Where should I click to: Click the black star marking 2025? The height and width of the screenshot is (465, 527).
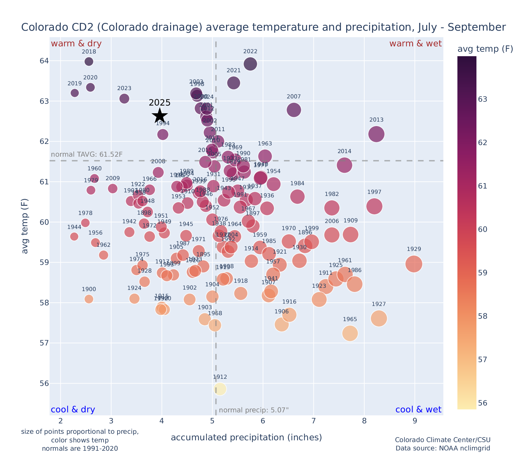pyautogui.click(x=160, y=116)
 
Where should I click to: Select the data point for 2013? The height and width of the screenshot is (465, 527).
pyautogui.click(x=376, y=134)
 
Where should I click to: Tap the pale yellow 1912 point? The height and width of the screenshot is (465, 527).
pyautogui.click(x=220, y=389)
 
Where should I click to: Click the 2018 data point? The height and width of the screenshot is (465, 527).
pyautogui.click(x=89, y=62)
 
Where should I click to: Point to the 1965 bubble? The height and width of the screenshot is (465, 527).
pyautogui.click(x=350, y=333)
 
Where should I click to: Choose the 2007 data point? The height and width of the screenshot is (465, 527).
pyautogui.click(x=294, y=110)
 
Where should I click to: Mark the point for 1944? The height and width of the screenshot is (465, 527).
pyautogui.click(x=74, y=237)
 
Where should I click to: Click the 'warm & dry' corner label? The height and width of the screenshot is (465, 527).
pyautogui.click(x=76, y=44)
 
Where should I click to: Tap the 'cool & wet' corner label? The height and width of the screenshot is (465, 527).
pyautogui.click(x=418, y=410)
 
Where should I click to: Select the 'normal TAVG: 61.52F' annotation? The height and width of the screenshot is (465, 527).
pyautogui.click(x=87, y=155)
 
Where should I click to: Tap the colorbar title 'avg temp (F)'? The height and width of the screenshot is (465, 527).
pyautogui.click(x=485, y=49)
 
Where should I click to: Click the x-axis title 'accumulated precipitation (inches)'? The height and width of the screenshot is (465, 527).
pyautogui.click(x=246, y=437)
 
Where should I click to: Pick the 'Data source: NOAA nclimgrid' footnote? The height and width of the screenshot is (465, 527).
pyautogui.click(x=443, y=448)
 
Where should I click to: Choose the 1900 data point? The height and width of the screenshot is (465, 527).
pyautogui.click(x=89, y=299)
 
